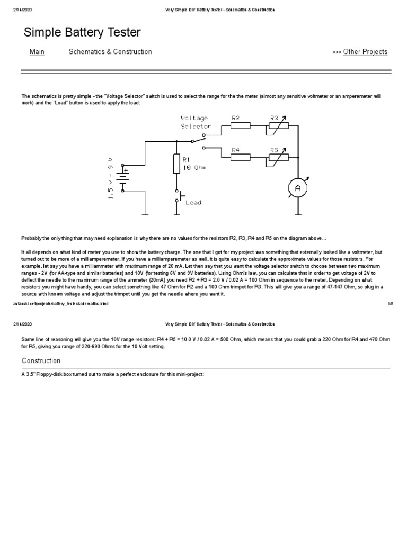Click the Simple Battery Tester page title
pyautogui.click(x=82, y=33)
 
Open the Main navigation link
pyautogui.click(x=37, y=52)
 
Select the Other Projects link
pyautogui.click(x=365, y=52)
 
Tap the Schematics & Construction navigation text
pyautogui.click(x=110, y=52)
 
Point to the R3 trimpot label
pyautogui.click(x=275, y=118)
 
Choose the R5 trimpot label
pyautogui.click(x=275, y=150)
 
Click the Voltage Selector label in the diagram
pyautogui.click(x=196, y=122)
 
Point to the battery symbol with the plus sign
pyautogui.click(x=123, y=178)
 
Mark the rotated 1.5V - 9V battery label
pyautogui.click(x=110, y=178)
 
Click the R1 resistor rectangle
pyautogui.click(x=176, y=164)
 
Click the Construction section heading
pyautogui.click(x=41, y=361)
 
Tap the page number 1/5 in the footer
pyautogui.click(x=391, y=304)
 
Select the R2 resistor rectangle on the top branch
pyautogui.click(x=241, y=126)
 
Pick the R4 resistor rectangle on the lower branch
pyautogui.click(x=241, y=158)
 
